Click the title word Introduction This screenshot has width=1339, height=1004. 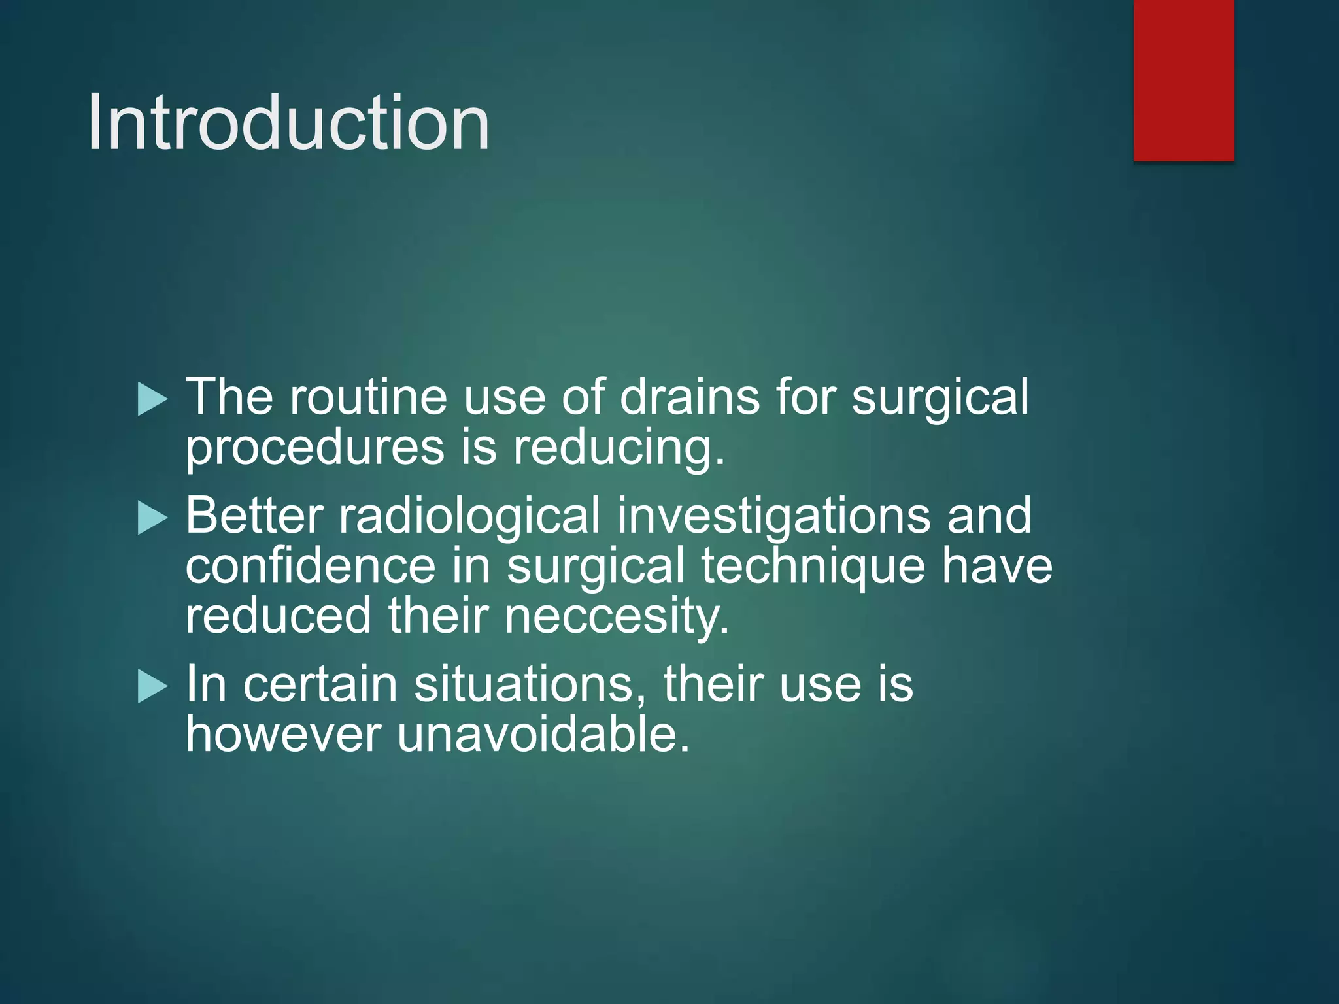coord(288,123)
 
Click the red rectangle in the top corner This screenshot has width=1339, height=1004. coord(1183,80)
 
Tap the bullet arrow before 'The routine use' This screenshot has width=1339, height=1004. coord(153,399)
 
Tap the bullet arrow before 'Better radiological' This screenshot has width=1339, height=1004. coord(153,518)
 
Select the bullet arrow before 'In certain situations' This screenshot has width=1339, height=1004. coord(153,687)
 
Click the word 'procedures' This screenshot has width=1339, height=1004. coord(315,450)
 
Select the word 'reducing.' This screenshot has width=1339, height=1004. coord(619,450)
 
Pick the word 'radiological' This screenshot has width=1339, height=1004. coord(469,516)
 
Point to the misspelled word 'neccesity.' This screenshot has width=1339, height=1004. coord(617,616)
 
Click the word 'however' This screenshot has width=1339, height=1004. coord(283,735)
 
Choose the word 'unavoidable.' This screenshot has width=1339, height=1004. coord(543,735)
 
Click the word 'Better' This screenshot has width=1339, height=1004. coord(254,516)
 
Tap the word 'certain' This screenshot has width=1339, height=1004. coord(320,684)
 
